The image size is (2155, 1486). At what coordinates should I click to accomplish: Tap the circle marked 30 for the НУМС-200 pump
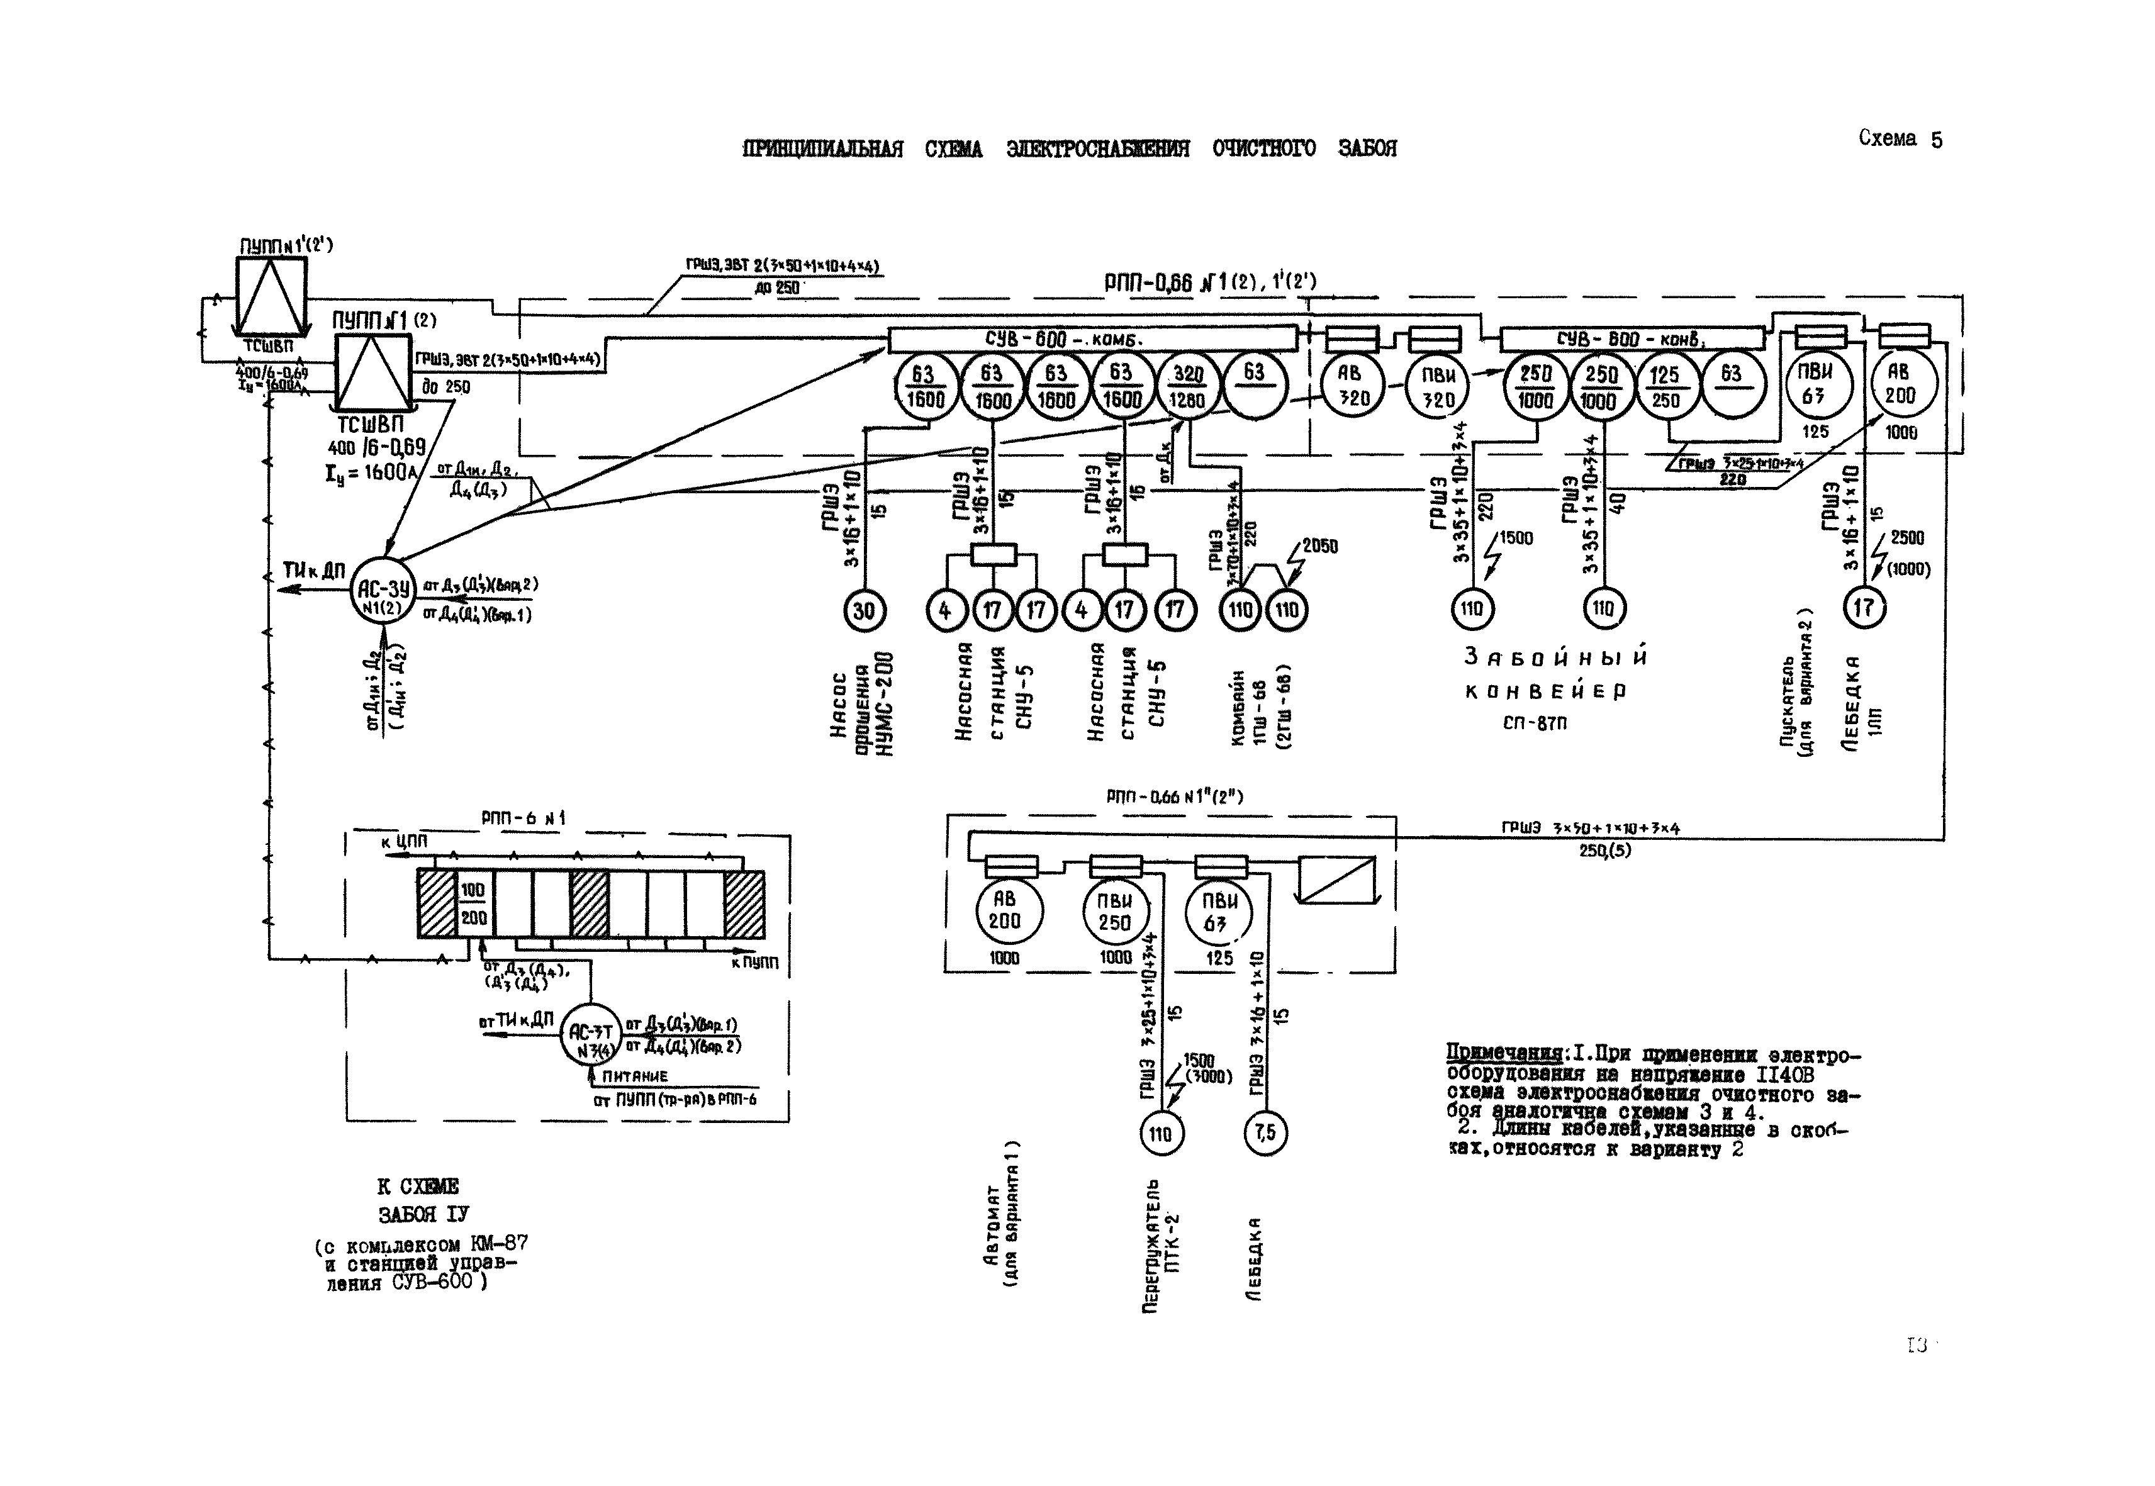coord(865,611)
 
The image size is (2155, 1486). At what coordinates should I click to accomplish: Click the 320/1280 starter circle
coord(1187,388)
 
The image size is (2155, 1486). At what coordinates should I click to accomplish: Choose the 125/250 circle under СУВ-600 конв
coord(1665,388)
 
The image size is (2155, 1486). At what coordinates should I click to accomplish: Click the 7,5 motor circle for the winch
coord(1265,1133)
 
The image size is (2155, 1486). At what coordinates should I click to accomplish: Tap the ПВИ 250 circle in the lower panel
coord(1115,912)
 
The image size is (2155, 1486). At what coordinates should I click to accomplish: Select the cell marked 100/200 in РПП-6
coord(473,904)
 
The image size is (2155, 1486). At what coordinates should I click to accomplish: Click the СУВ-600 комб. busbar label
coord(1068,340)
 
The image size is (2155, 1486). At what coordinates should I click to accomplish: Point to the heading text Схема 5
coord(1900,140)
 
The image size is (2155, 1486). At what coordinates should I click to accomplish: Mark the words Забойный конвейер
coord(1553,674)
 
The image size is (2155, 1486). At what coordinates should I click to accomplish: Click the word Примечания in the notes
coord(1503,1055)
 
